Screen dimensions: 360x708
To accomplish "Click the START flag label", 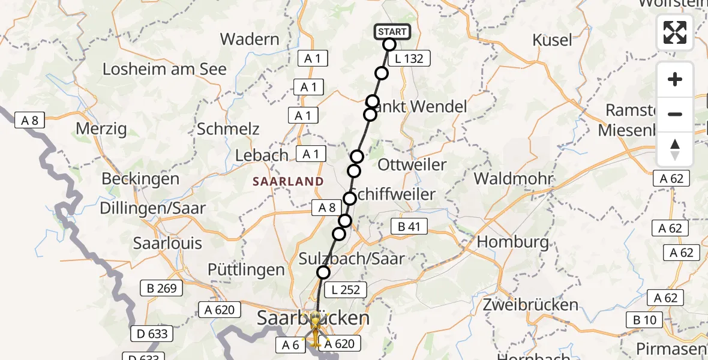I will click(392, 31).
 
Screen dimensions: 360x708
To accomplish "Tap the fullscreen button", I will click(675, 32).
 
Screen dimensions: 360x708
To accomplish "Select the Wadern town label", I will click(250, 40).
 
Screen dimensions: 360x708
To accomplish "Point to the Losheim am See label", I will click(164, 69).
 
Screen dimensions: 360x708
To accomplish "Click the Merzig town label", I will click(101, 128).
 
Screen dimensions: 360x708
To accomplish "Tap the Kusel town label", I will click(552, 40).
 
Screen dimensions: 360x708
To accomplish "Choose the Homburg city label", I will click(512, 242).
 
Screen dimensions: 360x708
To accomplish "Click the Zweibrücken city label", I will click(530, 304).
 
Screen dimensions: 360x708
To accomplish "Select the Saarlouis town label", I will click(167, 244).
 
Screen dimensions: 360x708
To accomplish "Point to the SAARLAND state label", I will click(288, 181).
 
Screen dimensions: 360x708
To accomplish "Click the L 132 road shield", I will click(409, 59).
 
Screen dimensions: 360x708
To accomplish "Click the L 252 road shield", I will click(345, 290).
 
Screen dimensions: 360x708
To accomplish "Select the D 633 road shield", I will click(152, 334).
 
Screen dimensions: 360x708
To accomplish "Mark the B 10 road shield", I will click(644, 320).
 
